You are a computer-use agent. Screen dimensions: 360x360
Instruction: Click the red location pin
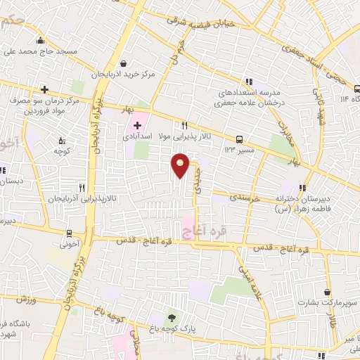181,165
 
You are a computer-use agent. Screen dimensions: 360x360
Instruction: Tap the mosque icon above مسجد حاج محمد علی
41,40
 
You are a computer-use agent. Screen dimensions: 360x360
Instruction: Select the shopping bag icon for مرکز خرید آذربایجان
124,62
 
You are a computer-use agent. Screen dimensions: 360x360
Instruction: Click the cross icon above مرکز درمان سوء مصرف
44,89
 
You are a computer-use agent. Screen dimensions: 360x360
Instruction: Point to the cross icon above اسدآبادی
136,124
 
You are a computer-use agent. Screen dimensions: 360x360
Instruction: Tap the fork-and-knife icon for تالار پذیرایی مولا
185,124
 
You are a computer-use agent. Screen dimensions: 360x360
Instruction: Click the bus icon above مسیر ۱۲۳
240,139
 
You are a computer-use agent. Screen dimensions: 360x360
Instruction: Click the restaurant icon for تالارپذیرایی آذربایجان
82,188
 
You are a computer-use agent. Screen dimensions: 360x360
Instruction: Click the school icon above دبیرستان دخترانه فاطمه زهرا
302,188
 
